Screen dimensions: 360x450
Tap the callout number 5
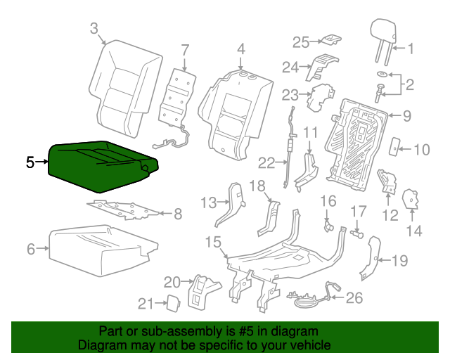(30, 162)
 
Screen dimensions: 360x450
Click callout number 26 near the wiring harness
(354, 298)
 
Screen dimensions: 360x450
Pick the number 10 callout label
(421, 148)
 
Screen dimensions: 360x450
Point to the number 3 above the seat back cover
(94, 28)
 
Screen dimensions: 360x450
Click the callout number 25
(300, 42)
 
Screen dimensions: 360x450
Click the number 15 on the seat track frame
(213, 243)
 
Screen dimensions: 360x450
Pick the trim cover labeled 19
(372, 258)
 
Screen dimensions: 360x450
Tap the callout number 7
(185, 50)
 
